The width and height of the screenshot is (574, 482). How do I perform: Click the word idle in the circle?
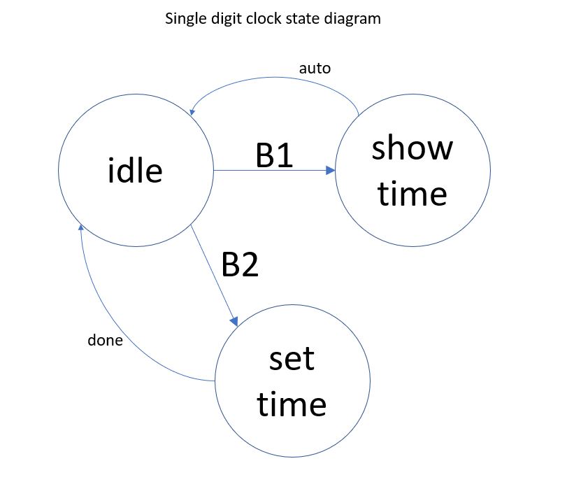pyautogui.click(x=135, y=170)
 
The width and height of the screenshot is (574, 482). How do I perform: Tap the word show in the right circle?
pyautogui.click(x=412, y=148)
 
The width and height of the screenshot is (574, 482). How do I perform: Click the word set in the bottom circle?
pyautogui.click(x=292, y=359)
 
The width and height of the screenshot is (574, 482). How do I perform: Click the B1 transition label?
pyautogui.click(x=274, y=157)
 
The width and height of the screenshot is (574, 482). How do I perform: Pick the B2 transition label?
pyautogui.click(x=240, y=265)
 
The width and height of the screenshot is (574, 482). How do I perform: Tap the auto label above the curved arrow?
pyautogui.click(x=315, y=69)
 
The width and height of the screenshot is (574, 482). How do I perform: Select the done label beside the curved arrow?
pyautogui.click(x=105, y=341)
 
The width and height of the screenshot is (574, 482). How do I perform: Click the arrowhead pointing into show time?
pyautogui.click(x=330, y=170)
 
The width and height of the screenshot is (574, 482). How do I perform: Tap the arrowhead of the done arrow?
pyautogui.click(x=81, y=228)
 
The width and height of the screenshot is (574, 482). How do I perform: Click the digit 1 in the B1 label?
pyautogui.click(x=285, y=157)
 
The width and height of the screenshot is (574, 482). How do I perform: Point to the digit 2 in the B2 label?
pyautogui.click(x=250, y=265)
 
